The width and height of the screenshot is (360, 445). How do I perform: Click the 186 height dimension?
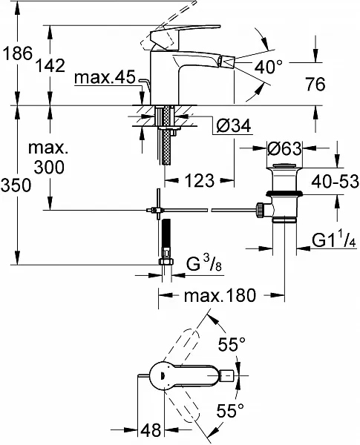(17, 53)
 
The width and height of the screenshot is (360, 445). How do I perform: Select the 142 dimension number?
(50, 65)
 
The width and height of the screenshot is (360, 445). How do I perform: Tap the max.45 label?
(105, 77)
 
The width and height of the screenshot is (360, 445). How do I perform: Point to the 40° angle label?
(269, 67)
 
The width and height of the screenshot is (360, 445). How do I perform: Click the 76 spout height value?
(315, 84)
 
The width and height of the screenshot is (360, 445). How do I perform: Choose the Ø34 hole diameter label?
(233, 126)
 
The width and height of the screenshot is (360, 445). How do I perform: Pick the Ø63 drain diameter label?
(284, 148)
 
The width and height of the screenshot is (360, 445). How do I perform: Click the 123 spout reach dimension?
(200, 180)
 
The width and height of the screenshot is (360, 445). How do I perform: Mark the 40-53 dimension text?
(335, 182)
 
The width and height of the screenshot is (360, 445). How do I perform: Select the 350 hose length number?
(16, 185)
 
